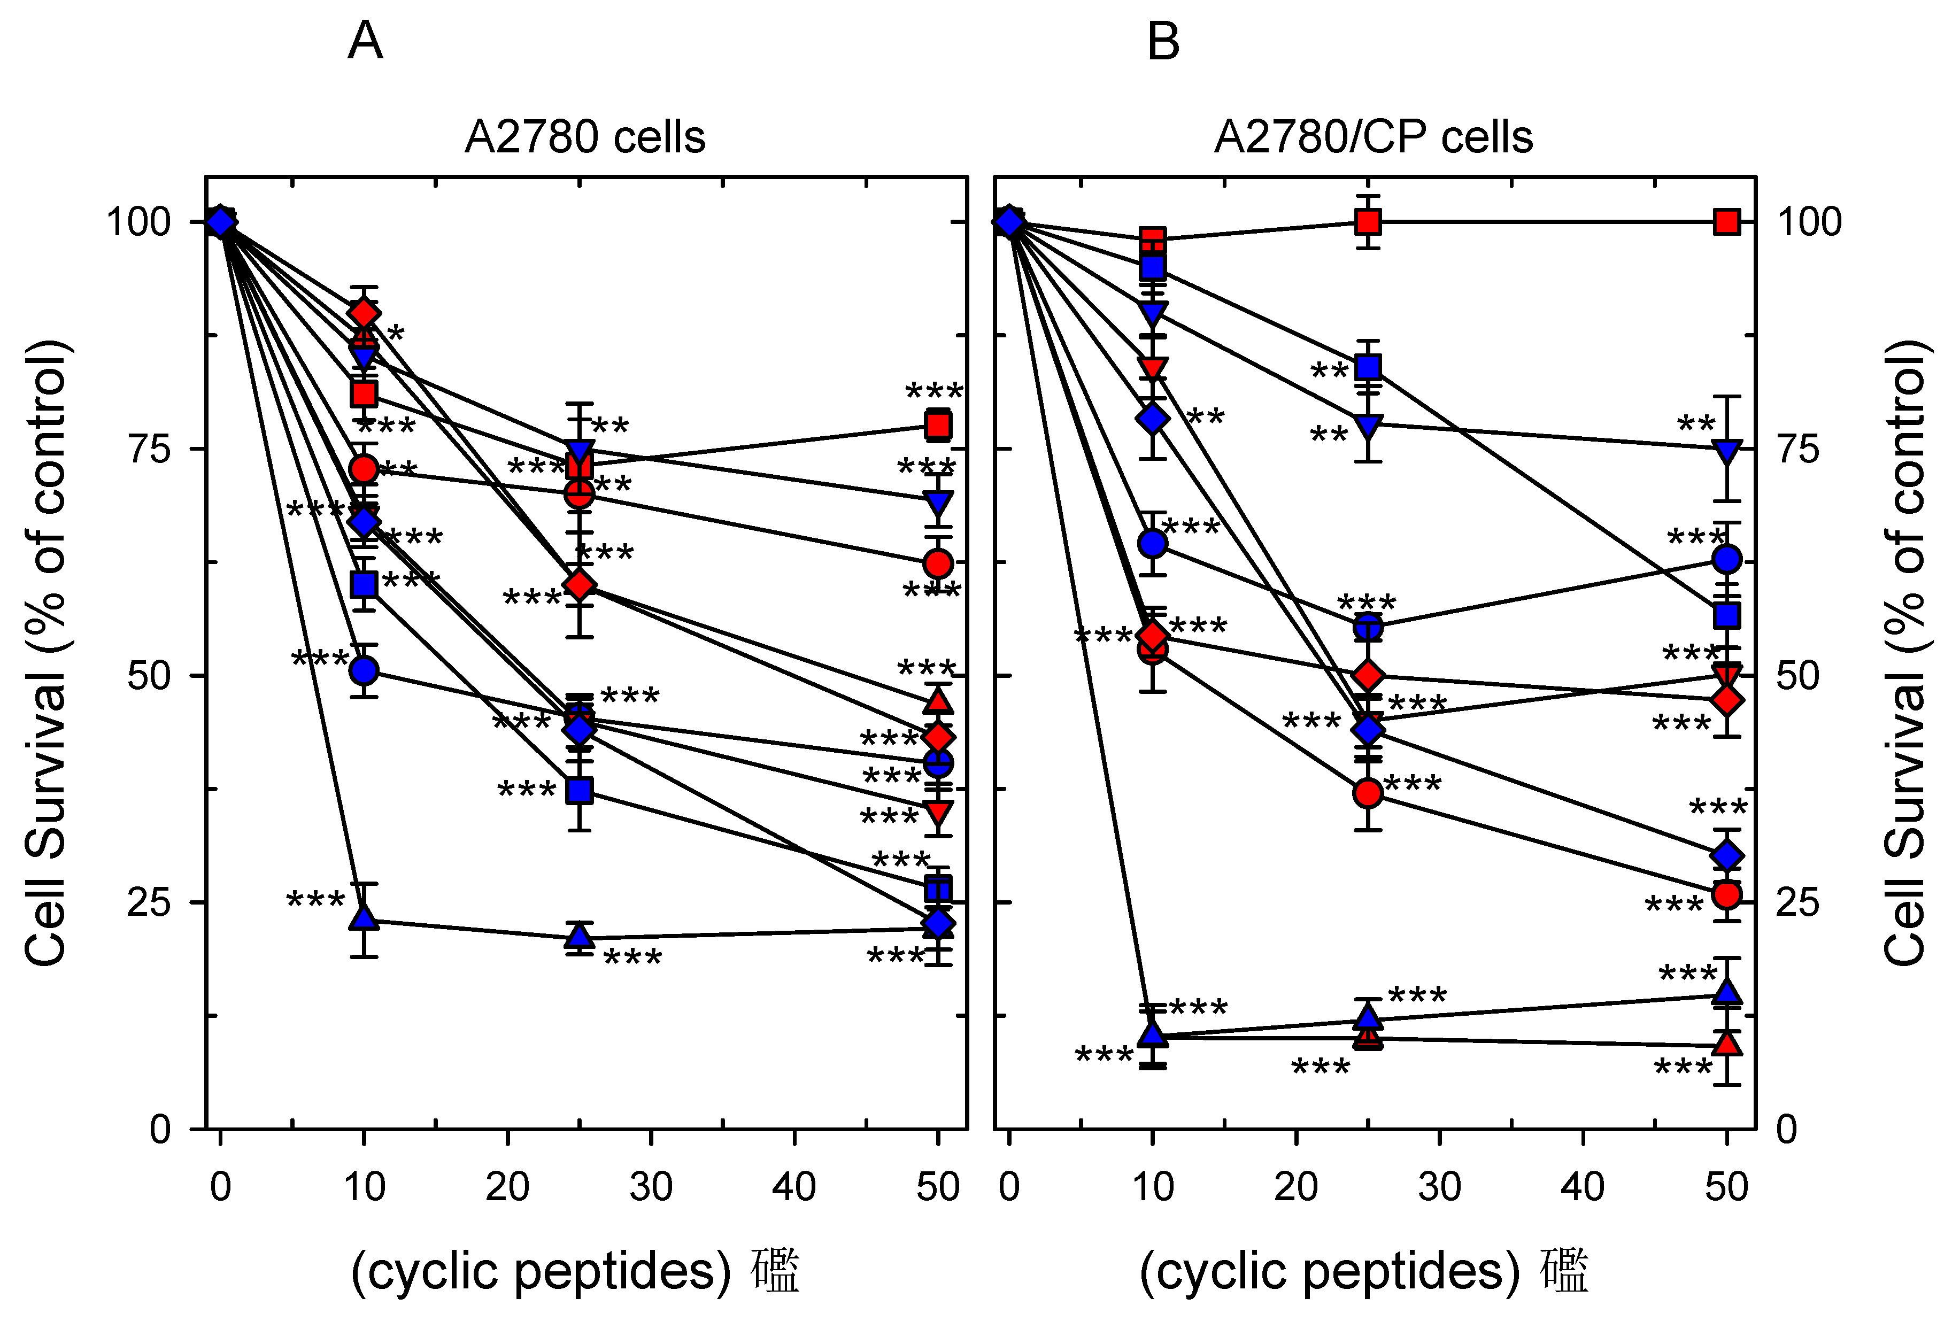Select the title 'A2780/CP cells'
(x=1374, y=137)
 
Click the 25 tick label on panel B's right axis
(x=1797, y=903)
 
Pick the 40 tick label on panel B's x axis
(x=1583, y=1187)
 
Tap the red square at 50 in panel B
(x=1726, y=222)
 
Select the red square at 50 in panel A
(x=938, y=425)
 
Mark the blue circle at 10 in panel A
(x=364, y=670)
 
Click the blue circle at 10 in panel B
(x=1153, y=543)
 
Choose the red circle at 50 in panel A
(x=938, y=562)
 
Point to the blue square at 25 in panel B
(x=1368, y=367)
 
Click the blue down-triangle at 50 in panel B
(x=1726, y=451)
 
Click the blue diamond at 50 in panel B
(x=1726, y=856)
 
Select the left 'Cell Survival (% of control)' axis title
(x=46, y=653)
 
